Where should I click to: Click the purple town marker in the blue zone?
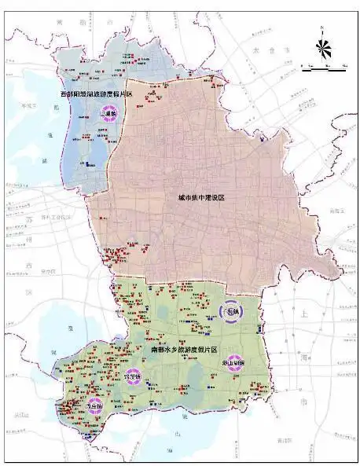pyautogui.click(x=108, y=114)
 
